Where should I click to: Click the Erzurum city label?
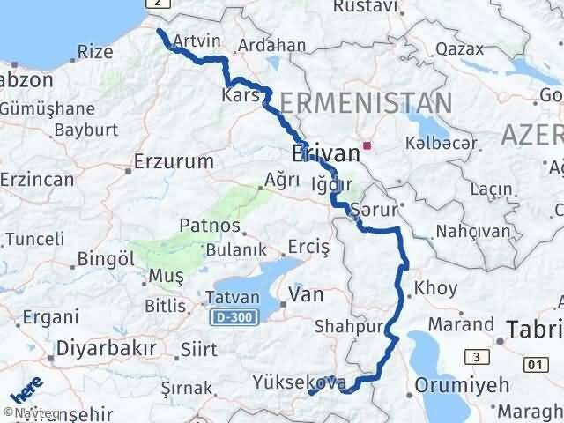174,161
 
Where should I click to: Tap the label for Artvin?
197,41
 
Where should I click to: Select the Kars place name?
239,93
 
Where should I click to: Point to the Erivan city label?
325,153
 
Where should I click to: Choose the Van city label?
307,294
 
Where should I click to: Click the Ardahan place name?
275,45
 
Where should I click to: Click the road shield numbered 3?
477,356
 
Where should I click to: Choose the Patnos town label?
204,227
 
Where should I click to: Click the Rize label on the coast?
95,52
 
